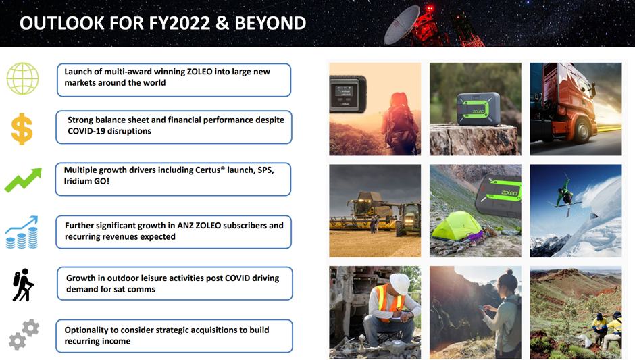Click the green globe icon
coord(23,78)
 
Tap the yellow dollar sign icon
coord(22,129)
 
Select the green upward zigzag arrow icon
coord(23,180)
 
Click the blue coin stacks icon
coord(22,232)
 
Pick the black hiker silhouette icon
coord(23,285)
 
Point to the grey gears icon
coord(24,334)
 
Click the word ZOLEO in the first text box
coord(199,72)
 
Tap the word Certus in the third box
coord(208,170)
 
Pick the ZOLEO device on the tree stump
coord(478,109)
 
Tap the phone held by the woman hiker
coord(482,309)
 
